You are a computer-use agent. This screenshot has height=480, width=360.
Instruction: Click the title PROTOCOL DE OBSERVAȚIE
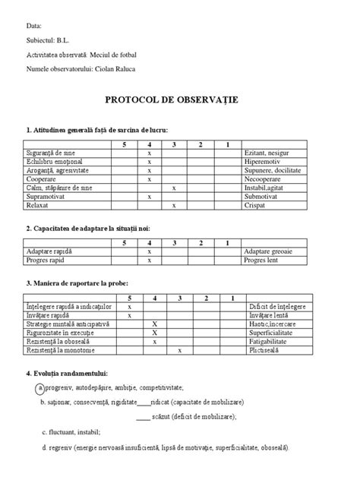click(x=180, y=99)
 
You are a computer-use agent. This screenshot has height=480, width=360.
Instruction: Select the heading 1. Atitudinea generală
click(x=97, y=129)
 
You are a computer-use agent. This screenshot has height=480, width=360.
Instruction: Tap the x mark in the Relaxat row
click(x=174, y=204)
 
